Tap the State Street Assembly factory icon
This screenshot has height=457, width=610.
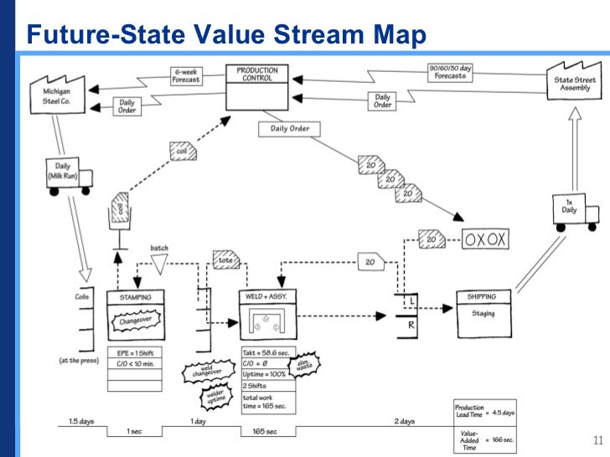[x=574, y=80]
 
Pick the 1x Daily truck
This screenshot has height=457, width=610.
[x=575, y=209]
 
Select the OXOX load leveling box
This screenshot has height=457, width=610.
[x=486, y=239]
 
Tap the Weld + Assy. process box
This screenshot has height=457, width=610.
[x=267, y=316]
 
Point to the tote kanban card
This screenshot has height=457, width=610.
[x=226, y=259]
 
